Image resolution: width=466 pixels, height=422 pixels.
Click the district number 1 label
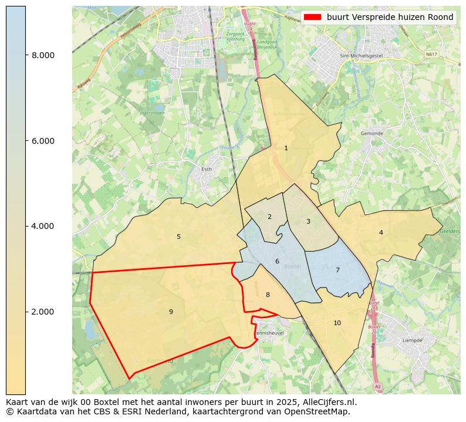click(286, 148)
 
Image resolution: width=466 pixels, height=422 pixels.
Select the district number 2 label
click(269, 217)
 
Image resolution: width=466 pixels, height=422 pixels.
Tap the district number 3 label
click(308, 222)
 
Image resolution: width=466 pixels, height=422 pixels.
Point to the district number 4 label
click(381, 233)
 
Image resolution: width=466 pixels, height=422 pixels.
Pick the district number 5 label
click(178, 237)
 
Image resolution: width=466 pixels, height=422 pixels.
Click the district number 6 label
click(277, 262)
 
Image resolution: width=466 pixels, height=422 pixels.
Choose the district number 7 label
click(337, 271)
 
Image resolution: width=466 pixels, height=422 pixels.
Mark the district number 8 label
click(268, 295)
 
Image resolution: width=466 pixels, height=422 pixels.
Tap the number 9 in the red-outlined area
click(171, 312)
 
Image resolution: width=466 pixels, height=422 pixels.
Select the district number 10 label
click(337, 323)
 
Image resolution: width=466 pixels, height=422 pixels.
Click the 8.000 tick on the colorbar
click(42, 55)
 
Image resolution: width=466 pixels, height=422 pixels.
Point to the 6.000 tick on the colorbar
click(42, 141)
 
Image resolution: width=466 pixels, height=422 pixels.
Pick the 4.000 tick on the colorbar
click(42, 226)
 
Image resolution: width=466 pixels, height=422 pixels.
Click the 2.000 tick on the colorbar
click(42, 312)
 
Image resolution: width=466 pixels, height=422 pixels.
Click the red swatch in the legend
click(312, 18)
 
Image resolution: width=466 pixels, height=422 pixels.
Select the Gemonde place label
click(372, 133)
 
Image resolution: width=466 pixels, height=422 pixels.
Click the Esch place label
click(207, 169)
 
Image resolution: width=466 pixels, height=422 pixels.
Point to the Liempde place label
click(412, 340)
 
